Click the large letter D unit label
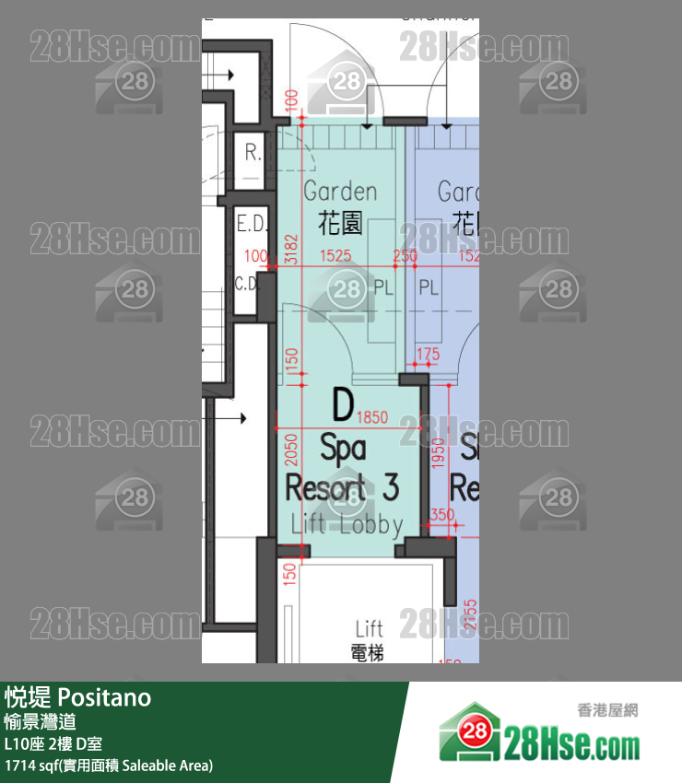pos(343,404)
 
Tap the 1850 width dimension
pos(371,417)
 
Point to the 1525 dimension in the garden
pos(335,256)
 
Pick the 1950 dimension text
pos(439,453)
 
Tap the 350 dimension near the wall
pos(442,515)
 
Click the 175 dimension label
pos(428,354)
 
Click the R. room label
pos(252,154)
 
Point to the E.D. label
pos(251,224)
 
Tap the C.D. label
pos(247,284)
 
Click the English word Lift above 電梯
pos(369,629)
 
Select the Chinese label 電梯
pos(369,652)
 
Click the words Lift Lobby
pos(347,525)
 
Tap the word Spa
pos(343,449)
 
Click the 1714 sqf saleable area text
pos(109,765)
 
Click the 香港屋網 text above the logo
pos(607,710)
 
